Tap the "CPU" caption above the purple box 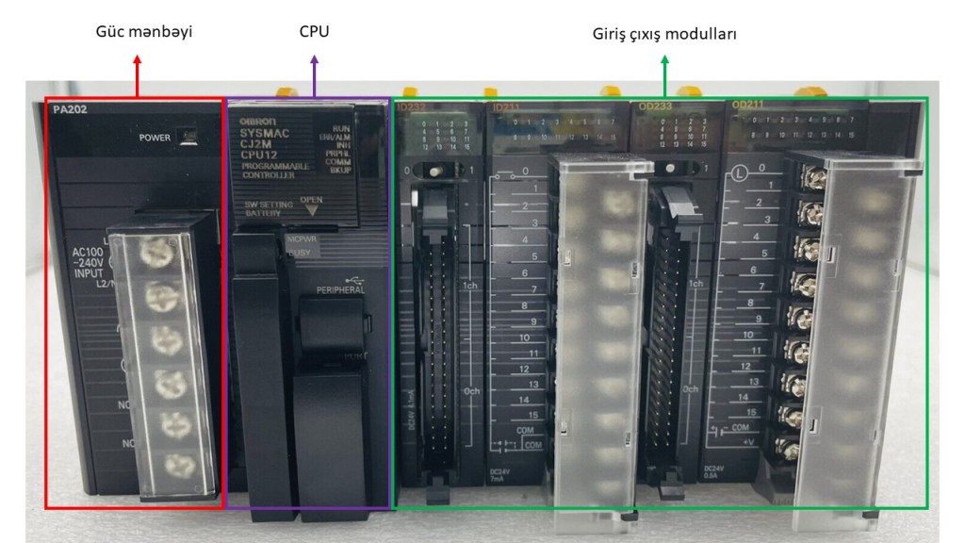tap(314, 32)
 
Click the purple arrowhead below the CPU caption tap(314, 59)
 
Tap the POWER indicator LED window tap(188, 136)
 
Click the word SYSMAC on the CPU tap(264, 134)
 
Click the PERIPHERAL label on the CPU tap(340, 290)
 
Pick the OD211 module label tap(748, 106)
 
